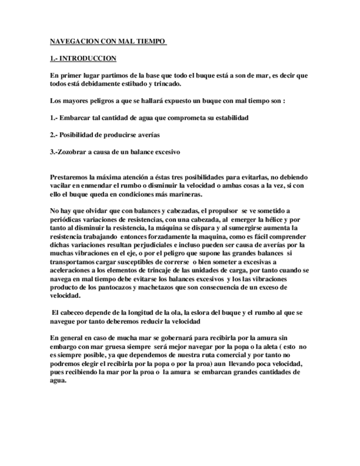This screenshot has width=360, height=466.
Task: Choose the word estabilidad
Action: click(x=229, y=118)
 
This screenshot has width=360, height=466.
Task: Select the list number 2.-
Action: click(x=54, y=135)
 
